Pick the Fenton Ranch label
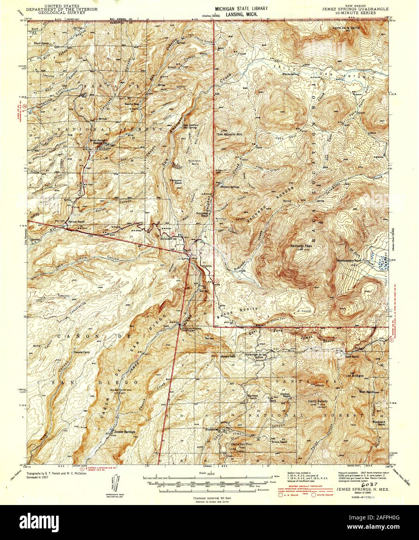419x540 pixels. point(77,222)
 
